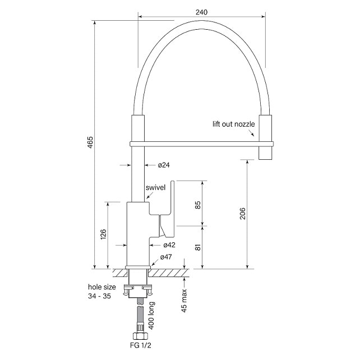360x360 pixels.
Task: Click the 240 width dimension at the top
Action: point(201,12)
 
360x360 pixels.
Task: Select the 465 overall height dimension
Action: point(90,142)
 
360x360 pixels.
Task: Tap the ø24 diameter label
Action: point(164,165)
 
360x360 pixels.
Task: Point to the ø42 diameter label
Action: point(169,245)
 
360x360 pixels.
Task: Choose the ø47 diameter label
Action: point(166,257)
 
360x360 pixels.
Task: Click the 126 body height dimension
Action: point(103,234)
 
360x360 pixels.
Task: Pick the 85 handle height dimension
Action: point(198,205)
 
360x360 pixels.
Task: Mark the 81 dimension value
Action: point(198,247)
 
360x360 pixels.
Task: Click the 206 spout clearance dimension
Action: point(242,213)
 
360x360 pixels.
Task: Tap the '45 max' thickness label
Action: point(184,301)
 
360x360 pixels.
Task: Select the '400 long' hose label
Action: point(151,316)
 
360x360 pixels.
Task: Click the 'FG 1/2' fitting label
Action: point(141,345)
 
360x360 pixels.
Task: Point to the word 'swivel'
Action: point(155,188)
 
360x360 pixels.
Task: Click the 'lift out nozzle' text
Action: point(233,124)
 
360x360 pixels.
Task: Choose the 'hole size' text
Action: point(102,287)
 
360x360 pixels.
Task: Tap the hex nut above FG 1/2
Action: point(140,336)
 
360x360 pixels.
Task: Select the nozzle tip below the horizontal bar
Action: point(266,153)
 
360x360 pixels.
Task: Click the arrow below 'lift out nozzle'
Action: point(251,133)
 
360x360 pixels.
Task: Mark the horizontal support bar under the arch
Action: point(201,144)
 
